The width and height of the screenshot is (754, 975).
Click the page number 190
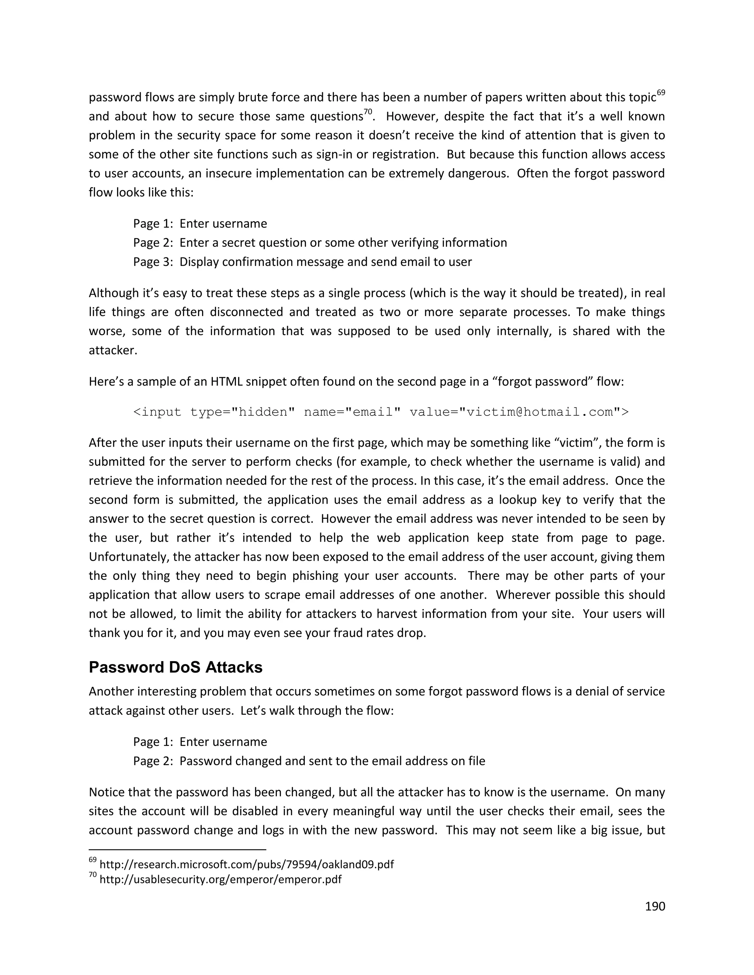[655, 906]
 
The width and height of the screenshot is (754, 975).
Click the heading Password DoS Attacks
[176, 667]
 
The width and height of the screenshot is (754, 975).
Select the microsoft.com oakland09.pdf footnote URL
[247, 864]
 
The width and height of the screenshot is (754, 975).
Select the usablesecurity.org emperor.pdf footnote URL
[220, 879]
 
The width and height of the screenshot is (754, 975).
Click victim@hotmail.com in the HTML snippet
[540, 412]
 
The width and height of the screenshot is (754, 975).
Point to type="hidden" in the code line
[242, 412]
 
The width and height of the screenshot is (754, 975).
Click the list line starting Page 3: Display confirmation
[302, 262]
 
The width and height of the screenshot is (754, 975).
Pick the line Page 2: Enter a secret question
[320, 242]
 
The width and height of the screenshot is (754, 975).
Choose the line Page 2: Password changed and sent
[309, 761]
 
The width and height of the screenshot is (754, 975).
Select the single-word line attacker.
[113, 350]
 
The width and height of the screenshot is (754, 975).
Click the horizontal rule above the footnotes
[177, 850]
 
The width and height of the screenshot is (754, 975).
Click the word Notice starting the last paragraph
[107, 792]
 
